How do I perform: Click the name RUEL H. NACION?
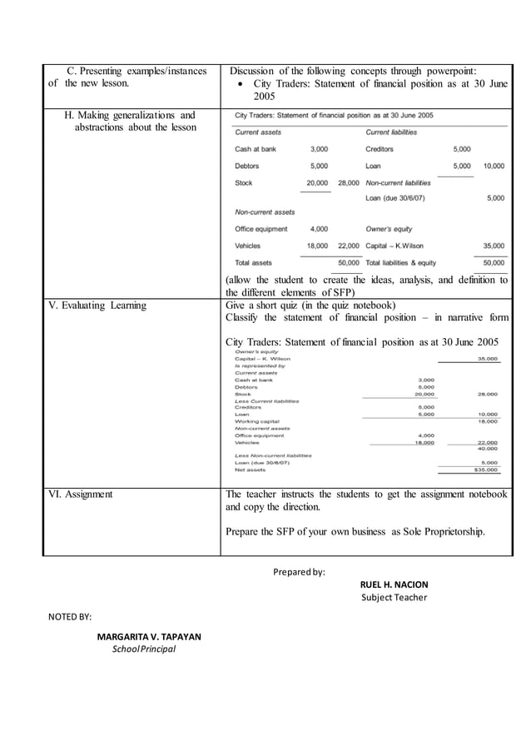point(393,584)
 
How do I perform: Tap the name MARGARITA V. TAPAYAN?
point(148,637)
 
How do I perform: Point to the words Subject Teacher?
point(394,597)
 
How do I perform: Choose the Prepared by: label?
point(299,571)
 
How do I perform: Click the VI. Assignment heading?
point(80,495)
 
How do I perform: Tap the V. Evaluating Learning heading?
point(97,306)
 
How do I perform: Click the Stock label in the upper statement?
point(243,182)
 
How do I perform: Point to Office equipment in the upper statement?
point(261,228)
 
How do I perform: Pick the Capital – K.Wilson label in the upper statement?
point(395,246)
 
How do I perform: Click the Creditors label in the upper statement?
point(380,149)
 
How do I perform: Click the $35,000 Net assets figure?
point(486,470)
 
